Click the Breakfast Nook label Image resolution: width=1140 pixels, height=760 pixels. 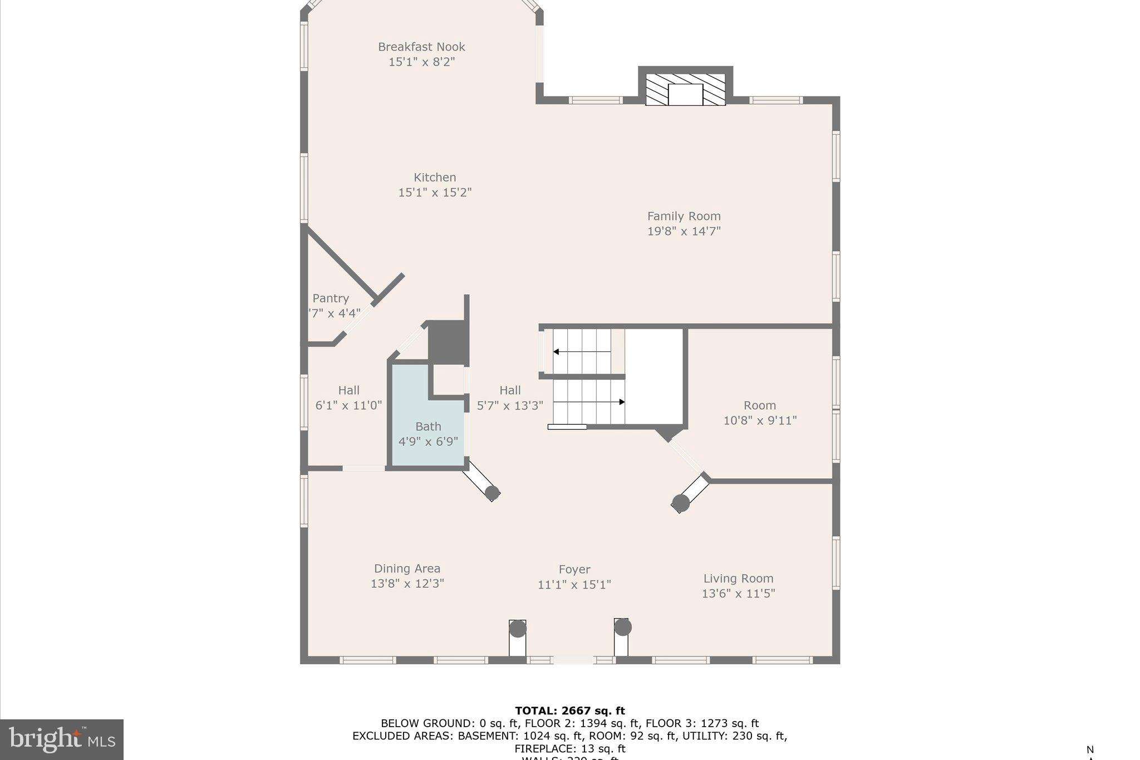click(x=421, y=47)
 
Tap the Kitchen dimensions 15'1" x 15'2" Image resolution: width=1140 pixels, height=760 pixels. click(x=435, y=193)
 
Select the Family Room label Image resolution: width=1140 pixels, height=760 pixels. click(x=684, y=216)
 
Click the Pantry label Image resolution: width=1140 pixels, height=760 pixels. click(x=331, y=298)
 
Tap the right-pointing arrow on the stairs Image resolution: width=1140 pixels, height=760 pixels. click(x=621, y=402)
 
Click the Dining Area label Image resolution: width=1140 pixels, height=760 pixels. click(x=407, y=568)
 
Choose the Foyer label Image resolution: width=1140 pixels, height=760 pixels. click(x=574, y=570)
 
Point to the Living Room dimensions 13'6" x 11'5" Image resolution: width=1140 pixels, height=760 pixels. click(x=738, y=594)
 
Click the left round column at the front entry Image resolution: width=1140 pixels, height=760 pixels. click(x=518, y=629)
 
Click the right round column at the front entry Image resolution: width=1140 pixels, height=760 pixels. click(x=623, y=627)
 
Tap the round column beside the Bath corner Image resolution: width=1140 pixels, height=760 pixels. click(x=492, y=493)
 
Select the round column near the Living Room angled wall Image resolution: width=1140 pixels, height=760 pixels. click(x=681, y=503)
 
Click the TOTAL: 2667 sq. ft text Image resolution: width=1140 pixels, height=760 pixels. click(x=570, y=710)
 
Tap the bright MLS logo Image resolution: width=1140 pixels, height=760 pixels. click(x=62, y=739)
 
